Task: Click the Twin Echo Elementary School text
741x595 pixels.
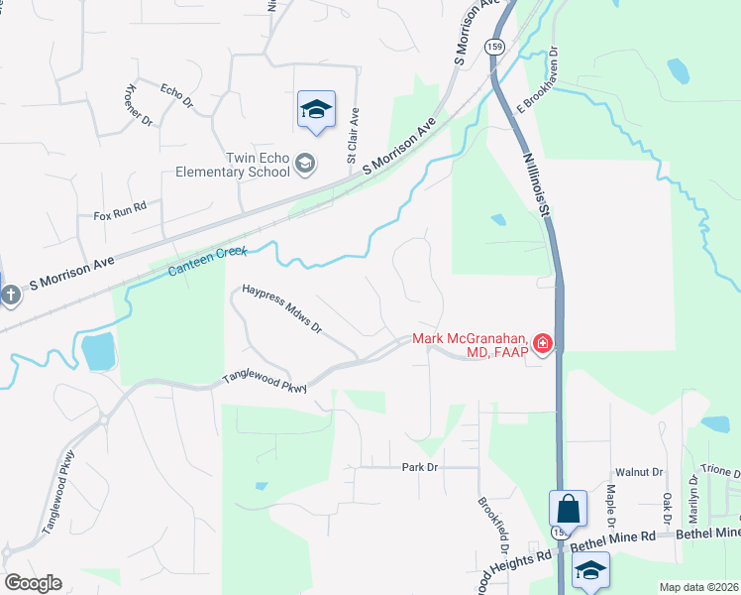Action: (231, 165)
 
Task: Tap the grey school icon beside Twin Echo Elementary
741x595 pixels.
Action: (306, 164)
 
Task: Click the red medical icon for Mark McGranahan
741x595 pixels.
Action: (543, 344)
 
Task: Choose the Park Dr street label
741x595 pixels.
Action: (420, 466)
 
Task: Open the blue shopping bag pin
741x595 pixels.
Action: (569, 509)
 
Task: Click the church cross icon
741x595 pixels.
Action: (10, 295)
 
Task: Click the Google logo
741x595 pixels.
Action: (34, 583)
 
